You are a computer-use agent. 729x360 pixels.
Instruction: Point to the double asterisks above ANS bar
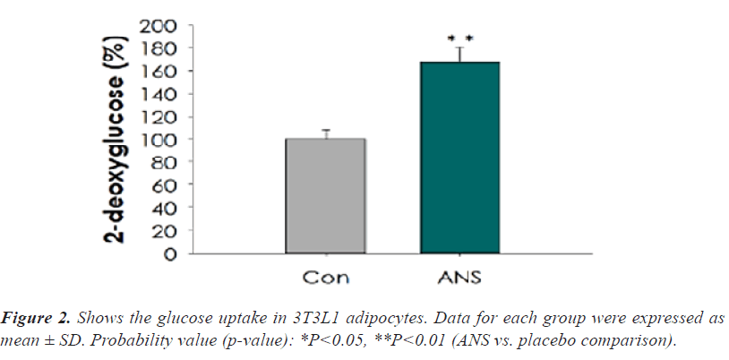[x=459, y=39]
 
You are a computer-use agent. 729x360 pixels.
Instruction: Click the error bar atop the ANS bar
[x=459, y=54]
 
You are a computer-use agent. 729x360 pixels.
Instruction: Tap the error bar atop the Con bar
[x=326, y=133]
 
